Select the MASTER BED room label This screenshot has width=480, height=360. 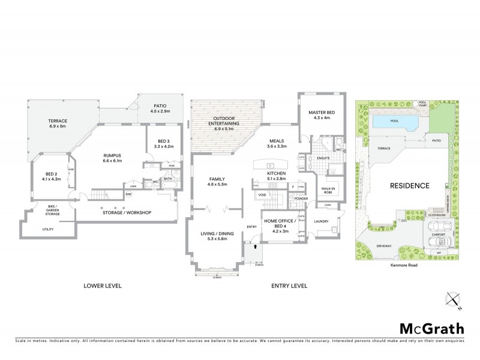[321, 113]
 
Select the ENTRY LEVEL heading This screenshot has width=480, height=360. [289, 286]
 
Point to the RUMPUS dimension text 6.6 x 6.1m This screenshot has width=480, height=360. [113, 161]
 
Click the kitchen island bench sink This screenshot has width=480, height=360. [270, 166]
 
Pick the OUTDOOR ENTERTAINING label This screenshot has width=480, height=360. [227, 119]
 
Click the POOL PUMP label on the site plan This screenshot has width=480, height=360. [422, 103]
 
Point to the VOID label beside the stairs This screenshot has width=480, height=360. [262, 195]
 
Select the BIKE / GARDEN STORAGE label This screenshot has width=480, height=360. [51, 209]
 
